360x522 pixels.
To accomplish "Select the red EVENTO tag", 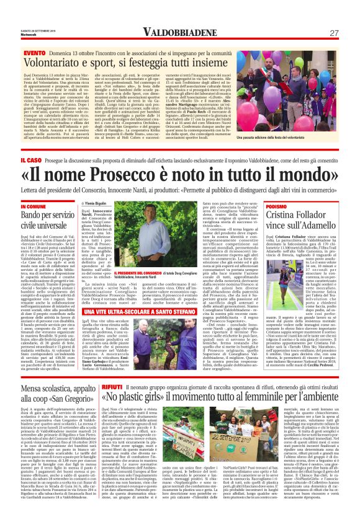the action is pos(35,53).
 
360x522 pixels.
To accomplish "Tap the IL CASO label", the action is pos(32,161).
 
